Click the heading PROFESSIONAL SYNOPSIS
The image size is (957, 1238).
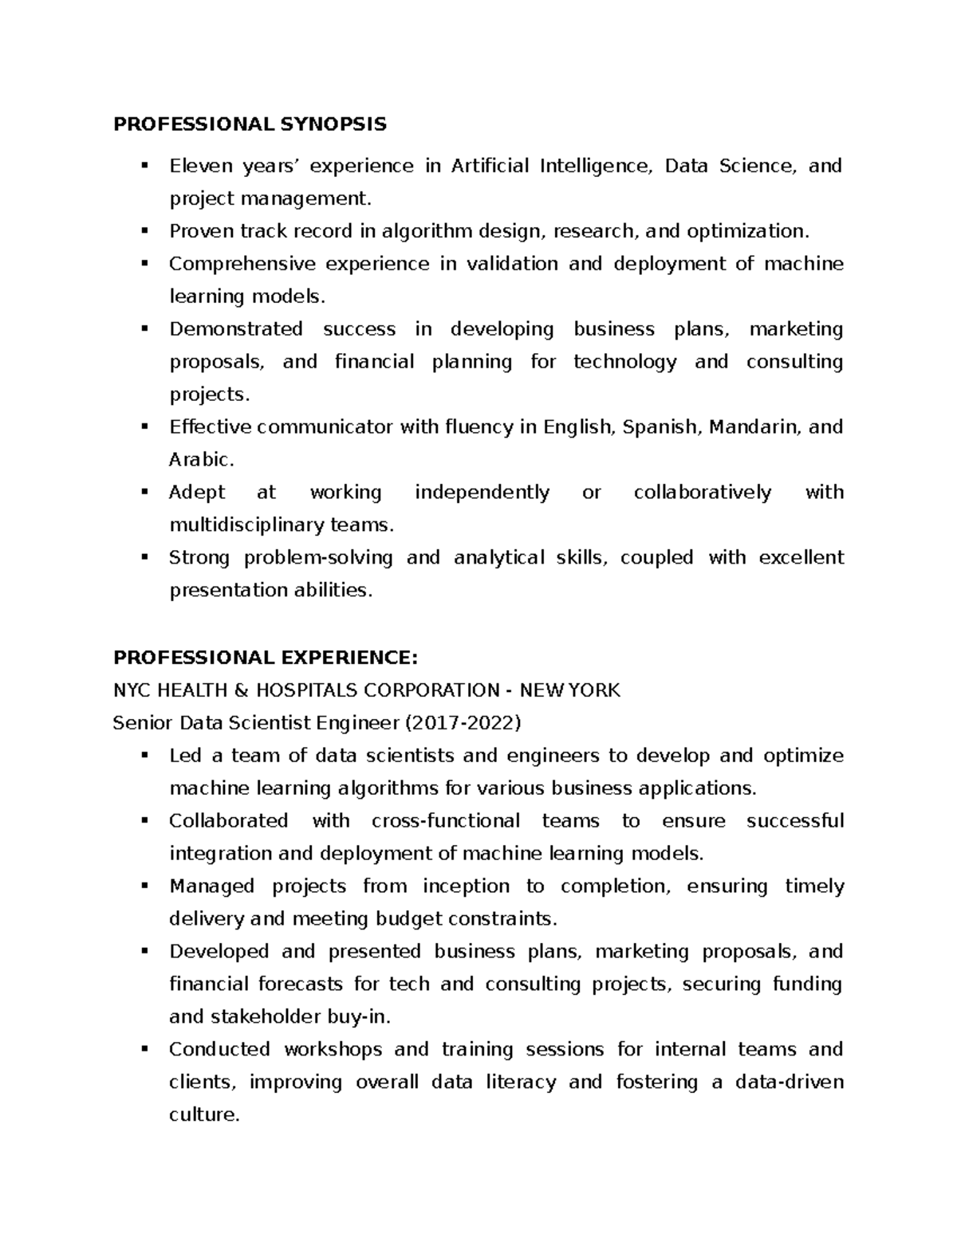pos(250,124)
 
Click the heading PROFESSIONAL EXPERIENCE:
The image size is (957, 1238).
pos(265,658)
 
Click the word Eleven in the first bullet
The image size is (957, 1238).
pos(200,166)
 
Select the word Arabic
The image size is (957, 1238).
pos(201,460)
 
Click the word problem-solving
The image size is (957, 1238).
pos(318,558)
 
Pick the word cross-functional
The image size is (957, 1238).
pos(445,821)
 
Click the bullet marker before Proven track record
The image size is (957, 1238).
pos(144,231)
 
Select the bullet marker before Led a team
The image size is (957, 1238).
pos(144,755)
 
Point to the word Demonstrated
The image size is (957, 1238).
pos(236,329)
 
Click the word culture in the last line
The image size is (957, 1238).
pos(203,1115)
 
